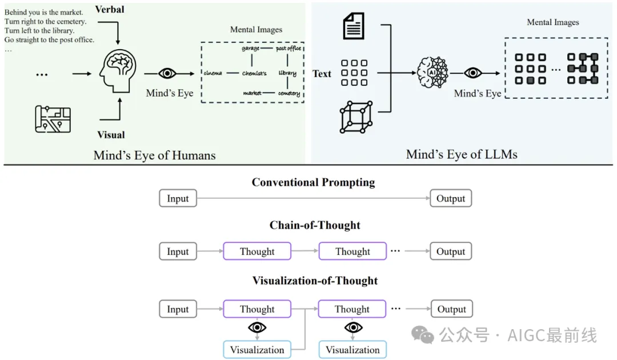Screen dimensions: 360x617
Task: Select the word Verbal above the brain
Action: (x=110, y=10)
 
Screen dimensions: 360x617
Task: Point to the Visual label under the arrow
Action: (x=111, y=135)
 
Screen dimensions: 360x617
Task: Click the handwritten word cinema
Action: (x=213, y=73)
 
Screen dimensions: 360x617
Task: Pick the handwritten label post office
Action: (x=288, y=49)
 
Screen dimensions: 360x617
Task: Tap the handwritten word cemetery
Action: (x=289, y=93)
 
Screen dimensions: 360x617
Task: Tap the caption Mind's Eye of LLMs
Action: (x=462, y=154)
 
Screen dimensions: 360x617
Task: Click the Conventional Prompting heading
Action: (x=313, y=183)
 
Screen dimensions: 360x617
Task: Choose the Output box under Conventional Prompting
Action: (x=451, y=199)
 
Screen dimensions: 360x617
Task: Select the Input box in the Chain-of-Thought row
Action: (x=178, y=251)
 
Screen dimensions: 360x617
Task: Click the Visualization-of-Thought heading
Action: (x=315, y=281)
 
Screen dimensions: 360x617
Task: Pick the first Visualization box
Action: (x=257, y=350)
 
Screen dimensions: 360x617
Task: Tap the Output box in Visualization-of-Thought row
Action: (x=451, y=309)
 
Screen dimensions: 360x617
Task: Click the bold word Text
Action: (x=322, y=73)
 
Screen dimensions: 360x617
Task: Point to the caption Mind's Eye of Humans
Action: (x=154, y=155)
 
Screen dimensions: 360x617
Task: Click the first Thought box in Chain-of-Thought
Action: (x=257, y=251)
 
